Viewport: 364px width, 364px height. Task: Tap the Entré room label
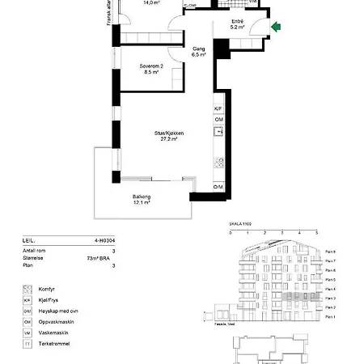pos(237,23)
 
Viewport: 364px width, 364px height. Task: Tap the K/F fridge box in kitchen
pos(218,108)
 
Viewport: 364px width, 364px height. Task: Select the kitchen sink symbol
pos(218,131)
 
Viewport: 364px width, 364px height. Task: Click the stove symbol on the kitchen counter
pos(218,162)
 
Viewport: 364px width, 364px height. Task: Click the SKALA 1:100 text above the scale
pos(242,224)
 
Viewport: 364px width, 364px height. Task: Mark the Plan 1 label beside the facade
pos(329,317)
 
